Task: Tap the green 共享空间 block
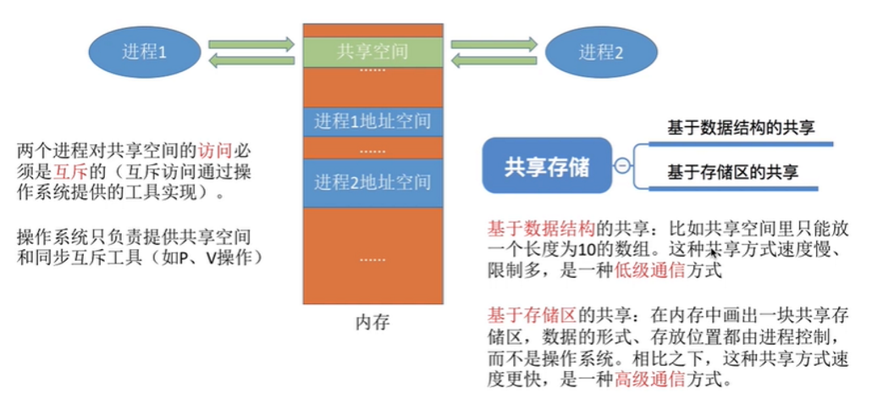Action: pos(373,52)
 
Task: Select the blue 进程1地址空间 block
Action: pos(373,121)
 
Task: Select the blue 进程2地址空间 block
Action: pos(373,182)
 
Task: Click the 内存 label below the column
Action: pos(373,323)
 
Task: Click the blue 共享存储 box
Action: pos(547,166)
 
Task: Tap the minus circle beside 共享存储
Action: pos(622,166)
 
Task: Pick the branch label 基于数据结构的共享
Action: pos(741,128)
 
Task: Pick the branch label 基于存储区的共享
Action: pos(733,173)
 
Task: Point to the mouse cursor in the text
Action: pos(714,253)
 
